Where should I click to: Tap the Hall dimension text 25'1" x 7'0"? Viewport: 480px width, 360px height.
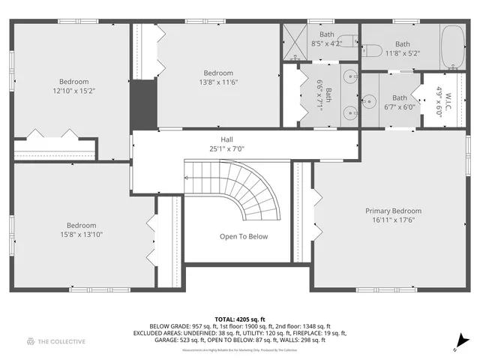pos(226,148)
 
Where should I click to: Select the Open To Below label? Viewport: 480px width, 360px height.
pos(243,236)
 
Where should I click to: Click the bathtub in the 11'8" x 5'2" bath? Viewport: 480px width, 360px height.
pos(452,44)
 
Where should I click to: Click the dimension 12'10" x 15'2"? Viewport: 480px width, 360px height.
pos(74,91)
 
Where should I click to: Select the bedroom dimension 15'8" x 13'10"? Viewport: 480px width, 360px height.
pos(81,235)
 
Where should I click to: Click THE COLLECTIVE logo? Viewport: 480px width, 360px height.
pos(55,341)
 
